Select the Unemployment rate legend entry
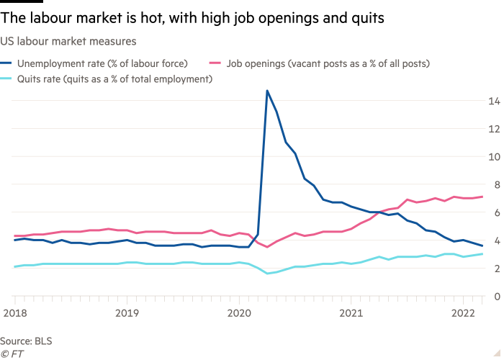[x=101, y=63]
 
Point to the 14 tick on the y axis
[x=494, y=102]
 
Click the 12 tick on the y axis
[x=494, y=130]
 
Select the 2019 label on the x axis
[x=127, y=313]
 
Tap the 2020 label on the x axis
[x=239, y=313]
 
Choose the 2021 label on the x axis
[x=351, y=313]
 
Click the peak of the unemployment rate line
[x=267, y=91]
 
